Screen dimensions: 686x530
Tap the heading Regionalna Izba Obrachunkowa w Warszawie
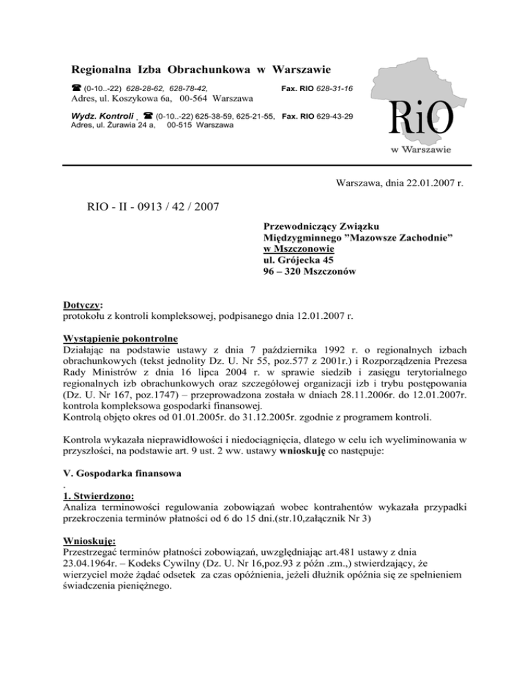[x=201, y=70]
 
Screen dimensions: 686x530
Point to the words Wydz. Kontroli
[x=97, y=116]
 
